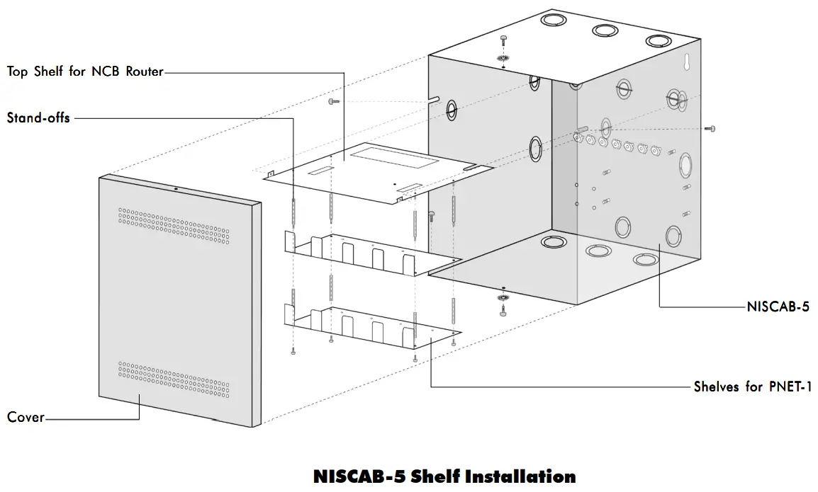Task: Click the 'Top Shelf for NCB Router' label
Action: (x=85, y=71)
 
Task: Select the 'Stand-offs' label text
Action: (x=38, y=118)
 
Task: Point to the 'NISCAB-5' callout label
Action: (x=778, y=307)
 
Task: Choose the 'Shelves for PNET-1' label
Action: (x=752, y=387)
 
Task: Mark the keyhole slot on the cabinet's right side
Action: (x=686, y=64)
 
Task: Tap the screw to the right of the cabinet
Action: (x=712, y=128)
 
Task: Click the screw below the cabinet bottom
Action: (x=503, y=311)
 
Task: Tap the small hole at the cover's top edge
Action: (x=176, y=188)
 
